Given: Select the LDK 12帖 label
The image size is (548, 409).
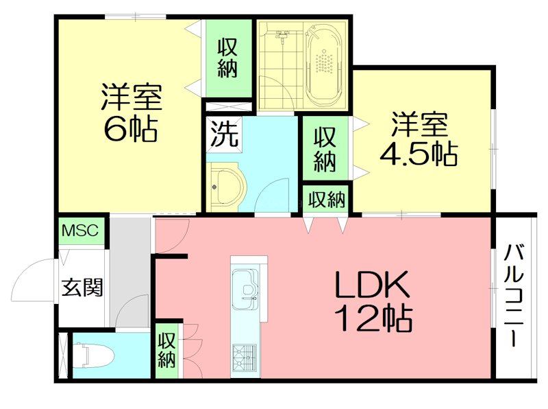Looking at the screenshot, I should tap(373, 299).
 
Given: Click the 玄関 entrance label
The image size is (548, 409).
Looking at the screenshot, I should tap(82, 287).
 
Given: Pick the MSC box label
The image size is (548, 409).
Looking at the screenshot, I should tap(82, 231).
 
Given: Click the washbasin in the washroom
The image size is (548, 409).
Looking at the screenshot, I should tap(224, 185).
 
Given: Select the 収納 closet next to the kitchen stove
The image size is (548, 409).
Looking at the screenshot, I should tap(167, 349).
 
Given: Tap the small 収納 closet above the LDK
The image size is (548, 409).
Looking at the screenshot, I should tap(326, 200).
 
